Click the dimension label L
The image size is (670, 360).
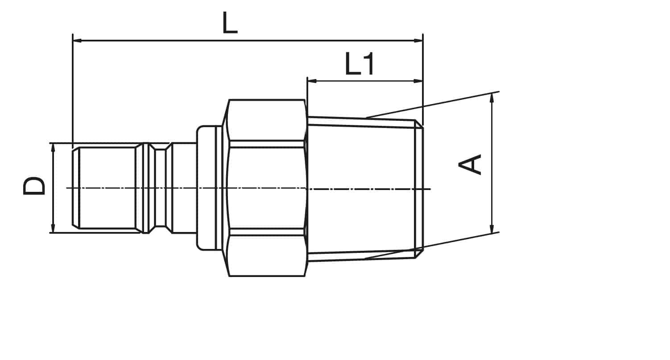tap(230, 23)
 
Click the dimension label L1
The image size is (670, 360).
tap(360, 64)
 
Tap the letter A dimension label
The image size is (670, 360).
tap(470, 164)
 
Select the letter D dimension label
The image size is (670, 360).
tap(34, 186)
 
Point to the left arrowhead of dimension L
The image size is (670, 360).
tap(77, 40)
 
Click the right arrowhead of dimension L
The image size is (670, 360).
tap(418, 40)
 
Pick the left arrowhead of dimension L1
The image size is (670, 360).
tap(312, 81)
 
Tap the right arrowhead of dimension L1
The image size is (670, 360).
tap(418, 81)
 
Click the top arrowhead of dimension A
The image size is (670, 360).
tap(492, 98)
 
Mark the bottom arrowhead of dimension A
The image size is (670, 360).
tap(492, 229)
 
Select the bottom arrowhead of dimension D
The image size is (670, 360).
tap(53, 228)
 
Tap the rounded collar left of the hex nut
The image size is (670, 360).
tap(206, 188)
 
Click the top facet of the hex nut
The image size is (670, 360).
tap(267, 120)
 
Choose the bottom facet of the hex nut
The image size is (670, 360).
tap(267, 256)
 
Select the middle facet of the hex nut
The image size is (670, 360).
tap(267, 188)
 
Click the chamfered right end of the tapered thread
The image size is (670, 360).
tap(419, 189)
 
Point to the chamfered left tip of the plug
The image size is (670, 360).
tap(76, 187)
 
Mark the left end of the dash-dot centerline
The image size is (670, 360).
tap(66, 188)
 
